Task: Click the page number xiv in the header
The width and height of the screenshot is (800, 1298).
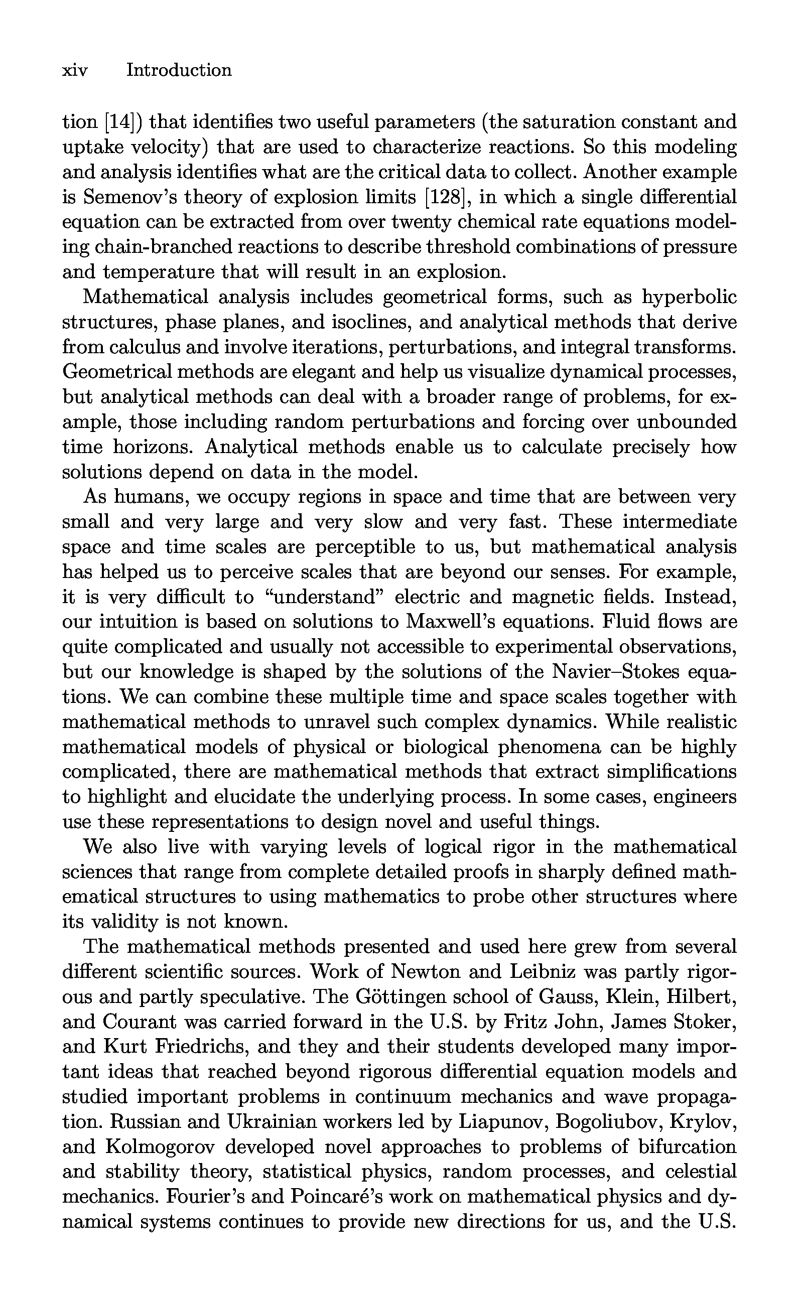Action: click(75, 70)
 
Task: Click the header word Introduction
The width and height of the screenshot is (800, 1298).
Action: click(179, 70)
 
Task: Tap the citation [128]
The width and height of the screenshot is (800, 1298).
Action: click(446, 197)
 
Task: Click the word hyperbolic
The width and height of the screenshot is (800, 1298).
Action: click(689, 297)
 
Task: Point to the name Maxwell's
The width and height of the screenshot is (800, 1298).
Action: click(450, 622)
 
